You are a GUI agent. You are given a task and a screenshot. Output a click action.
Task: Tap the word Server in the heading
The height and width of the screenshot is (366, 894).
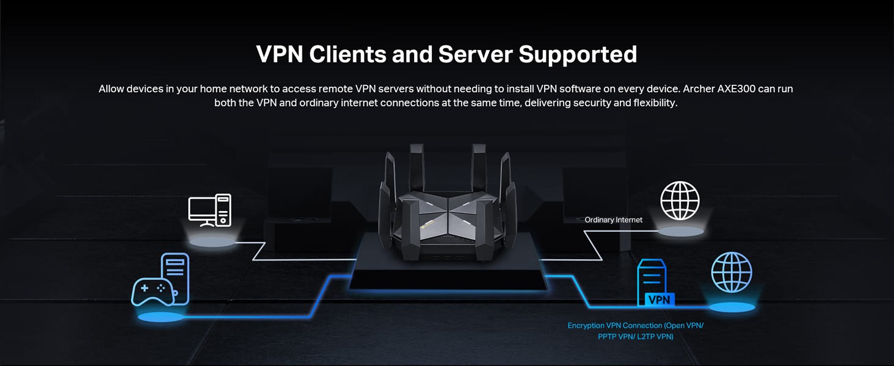[475, 54]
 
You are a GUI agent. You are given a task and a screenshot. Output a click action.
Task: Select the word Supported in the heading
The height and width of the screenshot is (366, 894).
[578, 54]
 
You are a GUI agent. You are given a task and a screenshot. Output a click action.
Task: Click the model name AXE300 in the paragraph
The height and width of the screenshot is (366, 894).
[735, 89]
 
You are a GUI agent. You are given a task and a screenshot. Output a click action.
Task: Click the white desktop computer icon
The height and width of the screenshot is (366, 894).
[209, 210]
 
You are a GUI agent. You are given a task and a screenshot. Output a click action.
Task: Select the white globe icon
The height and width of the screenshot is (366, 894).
[680, 201]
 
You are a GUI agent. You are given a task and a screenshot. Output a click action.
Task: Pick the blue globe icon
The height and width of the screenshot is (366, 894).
[732, 272]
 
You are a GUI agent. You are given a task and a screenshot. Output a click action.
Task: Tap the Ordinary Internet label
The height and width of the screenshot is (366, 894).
[613, 220]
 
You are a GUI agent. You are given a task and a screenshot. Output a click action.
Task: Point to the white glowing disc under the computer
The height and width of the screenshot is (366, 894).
[212, 242]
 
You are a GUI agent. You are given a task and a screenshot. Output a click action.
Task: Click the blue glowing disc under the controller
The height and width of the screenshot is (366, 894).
[161, 317]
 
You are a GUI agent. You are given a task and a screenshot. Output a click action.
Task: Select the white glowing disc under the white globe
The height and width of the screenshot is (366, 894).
[681, 232]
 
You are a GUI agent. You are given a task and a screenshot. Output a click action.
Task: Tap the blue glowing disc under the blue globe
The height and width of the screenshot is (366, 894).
[732, 307]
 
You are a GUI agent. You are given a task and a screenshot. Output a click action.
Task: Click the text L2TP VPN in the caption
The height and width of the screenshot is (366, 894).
[654, 337]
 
